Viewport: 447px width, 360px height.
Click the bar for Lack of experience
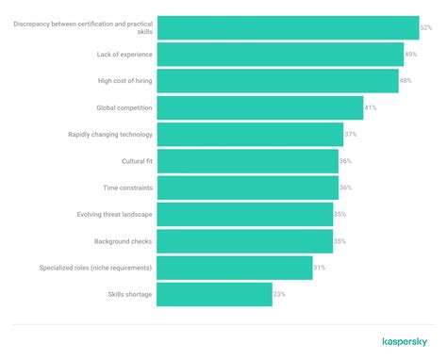[280, 55]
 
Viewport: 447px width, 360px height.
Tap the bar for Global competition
[259, 108]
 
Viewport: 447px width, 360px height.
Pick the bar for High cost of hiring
[277, 81]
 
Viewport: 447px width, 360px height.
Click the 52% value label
[426, 28]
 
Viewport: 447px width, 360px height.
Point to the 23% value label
[279, 295]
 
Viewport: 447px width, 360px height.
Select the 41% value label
[371, 108]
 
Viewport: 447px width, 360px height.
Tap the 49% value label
[411, 55]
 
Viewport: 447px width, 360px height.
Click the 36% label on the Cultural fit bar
[345, 161]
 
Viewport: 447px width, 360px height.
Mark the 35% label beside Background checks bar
[339, 241]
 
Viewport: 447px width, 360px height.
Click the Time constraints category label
[127, 188]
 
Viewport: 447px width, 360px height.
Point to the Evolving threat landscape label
[114, 215]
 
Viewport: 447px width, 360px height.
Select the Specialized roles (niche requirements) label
[95, 269]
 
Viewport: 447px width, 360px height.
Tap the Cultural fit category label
[137, 161]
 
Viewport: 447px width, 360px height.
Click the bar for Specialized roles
[234, 269]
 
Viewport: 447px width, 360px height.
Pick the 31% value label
[320, 269]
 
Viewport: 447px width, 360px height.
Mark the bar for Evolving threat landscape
[244, 215]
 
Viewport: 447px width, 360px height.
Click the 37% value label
[351, 135]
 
